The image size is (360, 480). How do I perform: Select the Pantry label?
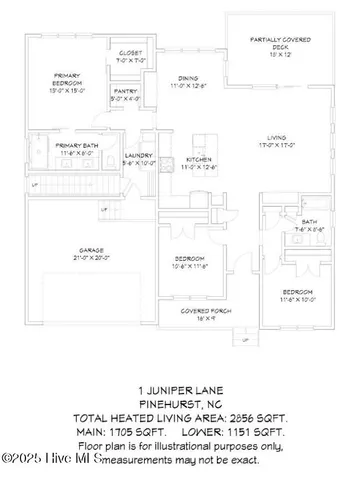[125, 95]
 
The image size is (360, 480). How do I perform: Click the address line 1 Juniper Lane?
[180, 390]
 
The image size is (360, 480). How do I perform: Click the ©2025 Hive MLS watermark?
[50, 460]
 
